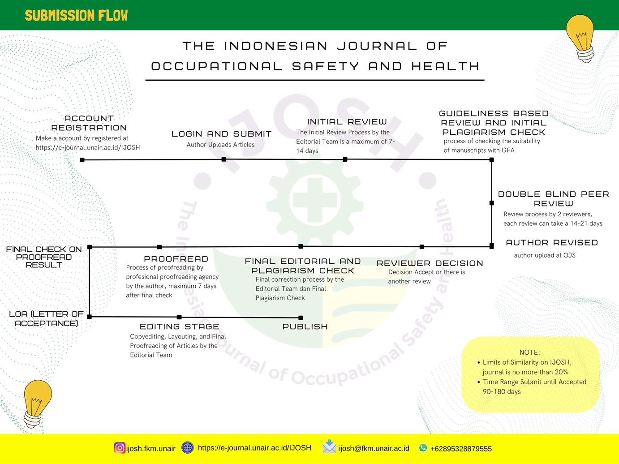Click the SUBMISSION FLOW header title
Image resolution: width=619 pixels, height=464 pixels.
pyautogui.click(x=76, y=15)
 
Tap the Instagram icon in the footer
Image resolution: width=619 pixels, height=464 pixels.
pyautogui.click(x=120, y=447)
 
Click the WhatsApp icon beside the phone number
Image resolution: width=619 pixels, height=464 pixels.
pyautogui.click(x=423, y=447)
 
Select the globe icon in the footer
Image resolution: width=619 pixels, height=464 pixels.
pyautogui.click(x=188, y=447)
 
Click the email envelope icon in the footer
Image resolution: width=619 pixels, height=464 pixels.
pyautogui.click(x=329, y=447)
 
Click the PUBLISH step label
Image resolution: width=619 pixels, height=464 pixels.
pyautogui.click(x=305, y=327)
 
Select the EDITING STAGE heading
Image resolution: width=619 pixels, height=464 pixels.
pyautogui.click(x=180, y=327)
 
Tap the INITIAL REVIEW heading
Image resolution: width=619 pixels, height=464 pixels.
pyautogui.click(x=347, y=122)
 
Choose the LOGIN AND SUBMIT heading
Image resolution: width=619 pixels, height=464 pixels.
pyautogui.click(x=222, y=134)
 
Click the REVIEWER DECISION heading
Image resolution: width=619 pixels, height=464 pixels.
pyautogui.click(x=430, y=263)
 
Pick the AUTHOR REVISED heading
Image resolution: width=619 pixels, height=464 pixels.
pyautogui.click(x=552, y=243)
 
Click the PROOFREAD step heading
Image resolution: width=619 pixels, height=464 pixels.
pyautogui.click(x=176, y=259)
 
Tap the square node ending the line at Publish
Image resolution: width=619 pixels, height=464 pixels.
pyautogui.click(x=301, y=318)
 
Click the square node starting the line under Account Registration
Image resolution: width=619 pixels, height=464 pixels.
pyautogui.click(x=82, y=160)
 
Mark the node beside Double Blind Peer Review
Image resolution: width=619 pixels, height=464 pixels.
pyautogui.click(x=491, y=203)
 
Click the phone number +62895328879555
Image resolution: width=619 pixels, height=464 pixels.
pyautogui.click(x=461, y=449)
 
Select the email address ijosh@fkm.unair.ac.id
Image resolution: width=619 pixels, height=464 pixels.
pyautogui.click(x=374, y=448)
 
